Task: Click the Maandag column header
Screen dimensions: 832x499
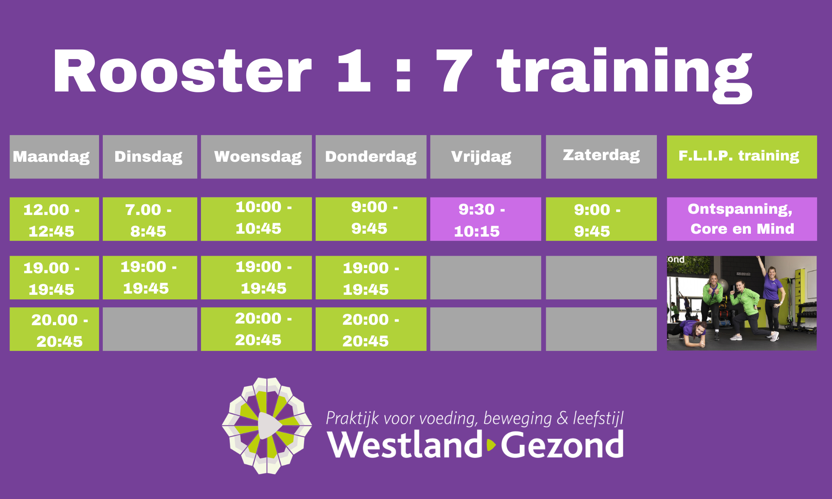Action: (x=54, y=157)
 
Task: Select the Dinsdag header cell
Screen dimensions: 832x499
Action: (x=150, y=157)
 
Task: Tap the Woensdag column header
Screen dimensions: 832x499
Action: (x=256, y=157)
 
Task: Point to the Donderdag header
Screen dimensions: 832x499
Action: (x=371, y=157)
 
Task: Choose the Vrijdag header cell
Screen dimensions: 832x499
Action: (x=485, y=157)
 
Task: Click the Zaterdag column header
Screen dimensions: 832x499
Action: (x=601, y=157)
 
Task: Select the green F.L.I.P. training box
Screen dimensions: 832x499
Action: (x=742, y=157)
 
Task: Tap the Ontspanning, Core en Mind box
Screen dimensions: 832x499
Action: (x=742, y=219)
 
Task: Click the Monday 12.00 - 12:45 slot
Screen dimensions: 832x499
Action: (x=54, y=219)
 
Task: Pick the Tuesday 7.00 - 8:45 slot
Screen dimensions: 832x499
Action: (x=150, y=219)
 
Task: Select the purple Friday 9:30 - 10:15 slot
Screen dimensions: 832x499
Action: (x=485, y=219)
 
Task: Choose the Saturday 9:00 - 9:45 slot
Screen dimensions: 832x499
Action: (x=601, y=219)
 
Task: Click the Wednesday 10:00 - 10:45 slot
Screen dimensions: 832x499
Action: (x=256, y=219)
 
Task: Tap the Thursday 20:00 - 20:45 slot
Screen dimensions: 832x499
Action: (x=371, y=329)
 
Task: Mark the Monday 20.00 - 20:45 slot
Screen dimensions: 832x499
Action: (x=54, y=329)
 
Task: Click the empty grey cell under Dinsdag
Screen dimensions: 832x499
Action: (x=150, y=329)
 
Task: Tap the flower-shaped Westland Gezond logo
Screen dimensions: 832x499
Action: (x=267, y=426)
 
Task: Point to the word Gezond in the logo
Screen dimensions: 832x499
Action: (x=562, y=445)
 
